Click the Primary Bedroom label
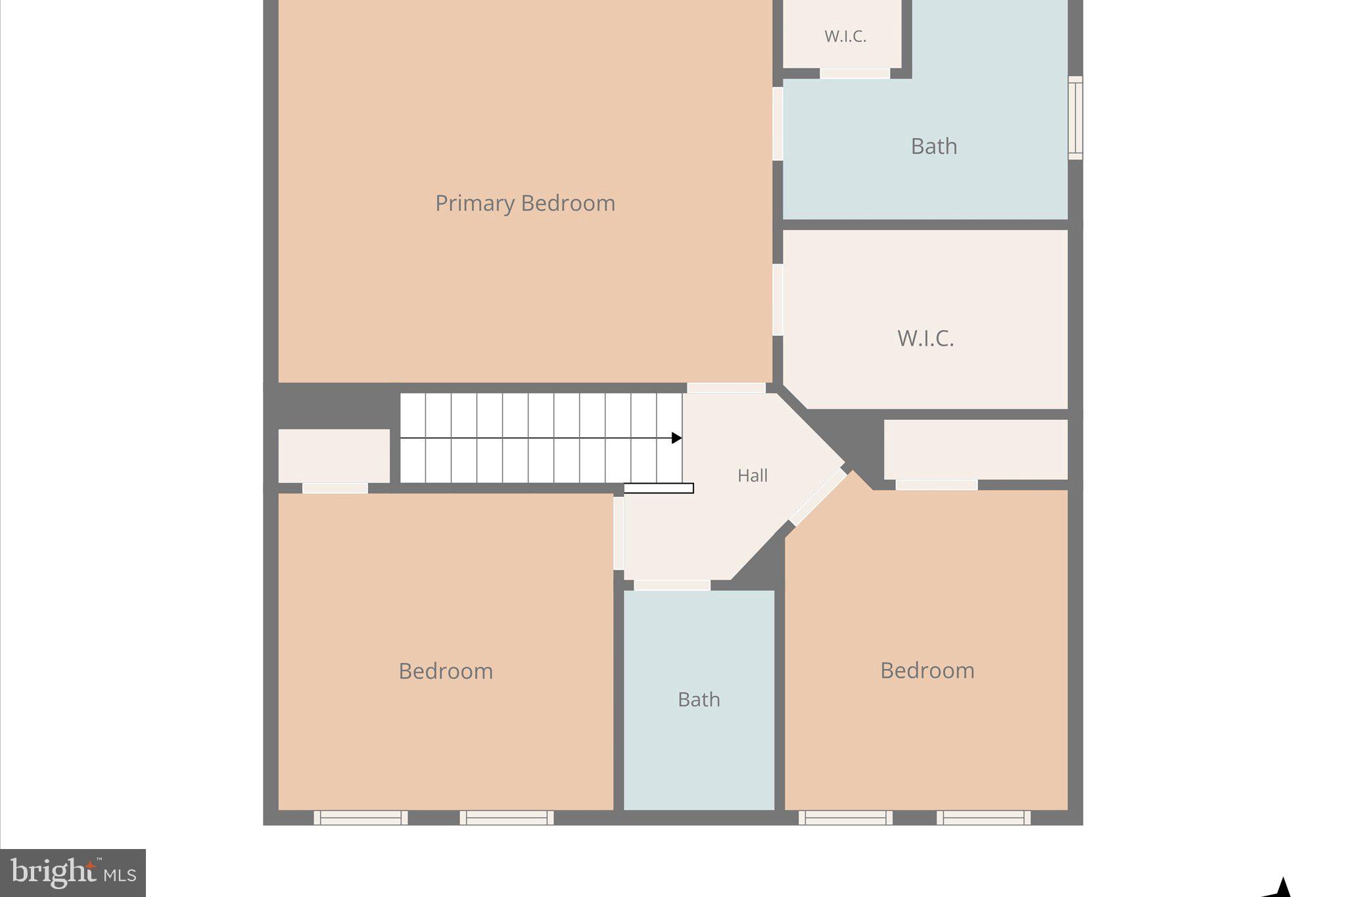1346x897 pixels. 524,203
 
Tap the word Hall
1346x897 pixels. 752,475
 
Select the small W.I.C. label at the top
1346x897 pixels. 845,37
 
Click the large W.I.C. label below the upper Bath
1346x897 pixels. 925,338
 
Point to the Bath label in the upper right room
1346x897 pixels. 933,146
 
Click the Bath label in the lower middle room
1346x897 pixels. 699,699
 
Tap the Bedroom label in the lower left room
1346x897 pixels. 446,671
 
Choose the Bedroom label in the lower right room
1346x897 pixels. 927,670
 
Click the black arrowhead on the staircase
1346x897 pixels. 676,438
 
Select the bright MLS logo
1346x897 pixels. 73,873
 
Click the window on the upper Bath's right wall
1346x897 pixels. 1075,118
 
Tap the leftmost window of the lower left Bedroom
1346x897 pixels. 360,817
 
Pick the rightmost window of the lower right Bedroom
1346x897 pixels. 983,817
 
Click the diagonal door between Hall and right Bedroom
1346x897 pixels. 818,496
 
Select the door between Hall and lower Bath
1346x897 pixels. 672,585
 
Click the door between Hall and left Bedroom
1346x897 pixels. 618,533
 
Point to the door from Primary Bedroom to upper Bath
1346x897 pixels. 777,124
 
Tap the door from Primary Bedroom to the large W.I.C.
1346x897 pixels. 777,300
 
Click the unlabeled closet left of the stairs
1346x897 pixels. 334,455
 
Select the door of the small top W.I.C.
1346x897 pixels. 854,74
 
